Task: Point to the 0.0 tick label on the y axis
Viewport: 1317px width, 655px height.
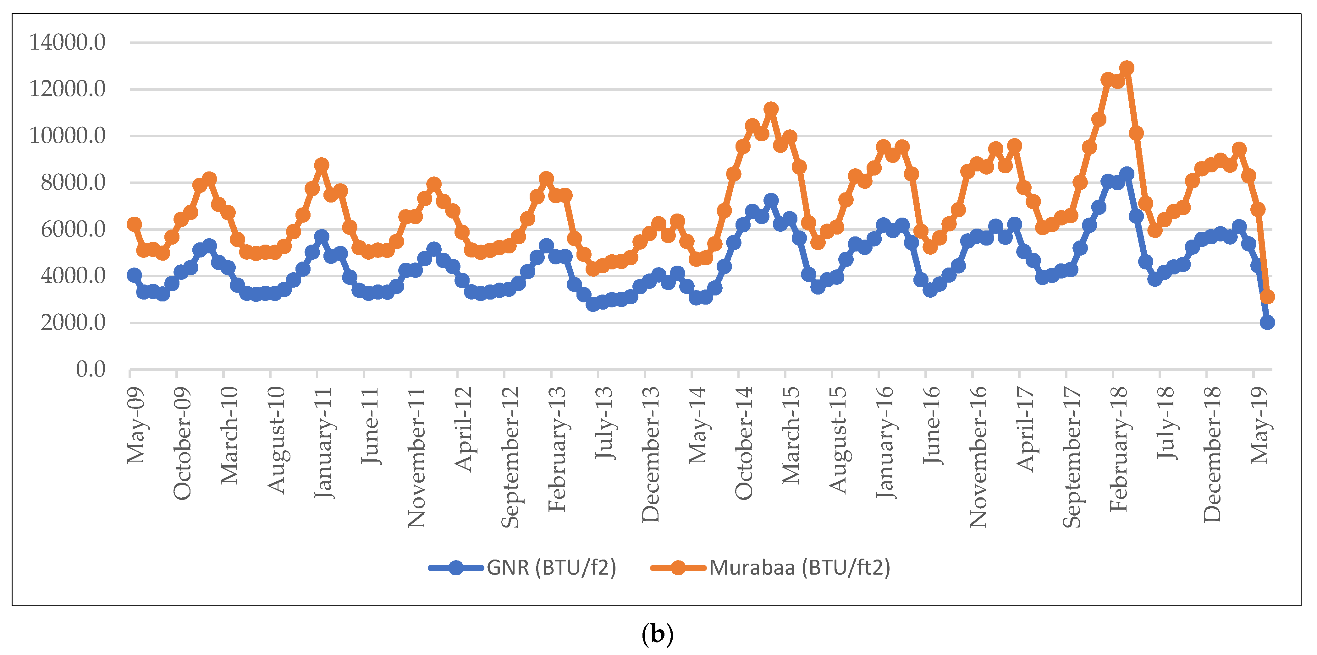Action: tap(91, 369)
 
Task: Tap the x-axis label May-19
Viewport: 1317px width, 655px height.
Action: tap(1259, 425)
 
